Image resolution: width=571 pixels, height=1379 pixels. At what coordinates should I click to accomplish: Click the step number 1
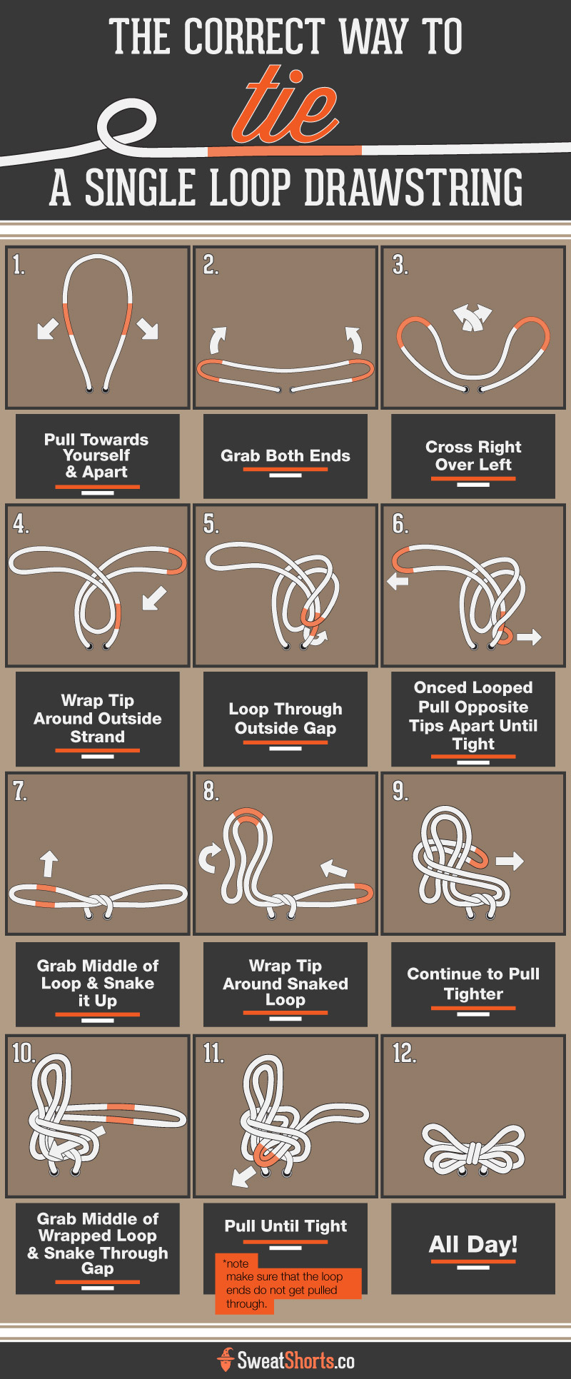pos(19,265)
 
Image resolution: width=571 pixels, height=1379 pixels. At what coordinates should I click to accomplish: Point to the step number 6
pos(400,524)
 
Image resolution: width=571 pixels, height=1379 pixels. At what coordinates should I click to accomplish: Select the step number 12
pos(404,1053)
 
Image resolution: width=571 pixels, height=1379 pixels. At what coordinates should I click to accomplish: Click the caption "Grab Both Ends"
pos(285,455)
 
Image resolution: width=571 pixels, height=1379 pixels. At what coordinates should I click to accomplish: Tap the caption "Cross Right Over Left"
pos(473,455)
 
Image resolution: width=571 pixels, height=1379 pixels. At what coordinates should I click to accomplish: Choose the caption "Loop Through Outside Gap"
pos(285,718)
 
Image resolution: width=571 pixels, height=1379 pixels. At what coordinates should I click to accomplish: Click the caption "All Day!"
pos(473,1244)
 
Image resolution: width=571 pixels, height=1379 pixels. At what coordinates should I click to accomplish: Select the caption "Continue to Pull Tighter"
pos(473,984)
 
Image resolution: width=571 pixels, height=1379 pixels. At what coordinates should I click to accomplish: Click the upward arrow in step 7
pos(49,863)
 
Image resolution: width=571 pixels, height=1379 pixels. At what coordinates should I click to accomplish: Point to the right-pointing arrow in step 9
pos(510,861)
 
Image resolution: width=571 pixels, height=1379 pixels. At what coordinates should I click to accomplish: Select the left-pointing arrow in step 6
pos(398,582)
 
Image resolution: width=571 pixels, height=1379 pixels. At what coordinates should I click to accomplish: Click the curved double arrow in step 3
pos(473,317)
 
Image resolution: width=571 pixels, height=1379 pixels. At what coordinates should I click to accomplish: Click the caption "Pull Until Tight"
pos(285,1226)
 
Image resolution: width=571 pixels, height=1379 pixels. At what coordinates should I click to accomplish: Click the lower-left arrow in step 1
pos(48,329)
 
